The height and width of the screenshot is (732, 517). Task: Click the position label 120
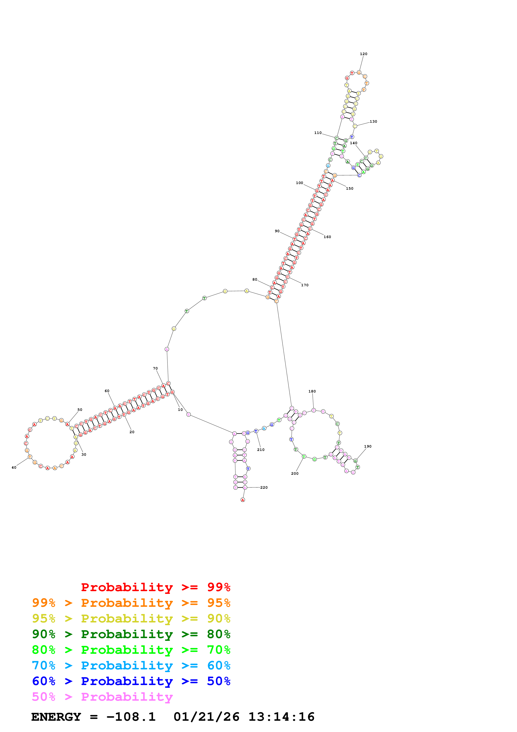click(x=364, y=54)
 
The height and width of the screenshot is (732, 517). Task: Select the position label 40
click(x=14, y=467)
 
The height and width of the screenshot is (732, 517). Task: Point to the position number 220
click(x=264, y=487)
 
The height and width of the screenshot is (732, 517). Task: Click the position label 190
click(x=368, y=446)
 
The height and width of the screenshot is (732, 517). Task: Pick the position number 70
click(x=155, y=368)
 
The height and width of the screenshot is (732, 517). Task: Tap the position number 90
click(x=277, y=231)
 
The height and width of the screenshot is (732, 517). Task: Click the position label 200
click(x=295, y=473)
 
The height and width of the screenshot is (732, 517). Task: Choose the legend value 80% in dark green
click(x=219, y=634)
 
